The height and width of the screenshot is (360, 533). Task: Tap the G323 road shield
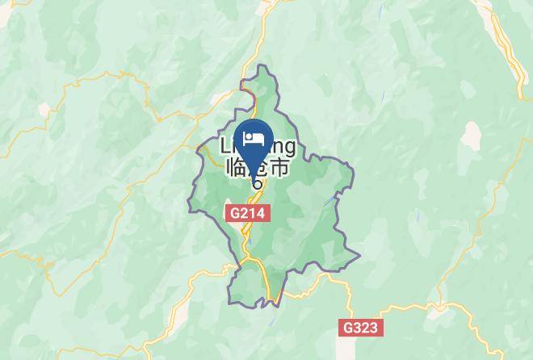coord(359,328)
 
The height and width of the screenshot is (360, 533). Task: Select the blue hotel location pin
coord(255,141)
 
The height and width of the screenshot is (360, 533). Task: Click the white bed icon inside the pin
coord(255,136)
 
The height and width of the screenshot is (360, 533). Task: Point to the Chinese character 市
coord(279,168)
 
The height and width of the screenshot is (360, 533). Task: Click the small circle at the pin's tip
coord(256,183)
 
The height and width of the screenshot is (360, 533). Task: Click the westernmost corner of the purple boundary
coord(189,211)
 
